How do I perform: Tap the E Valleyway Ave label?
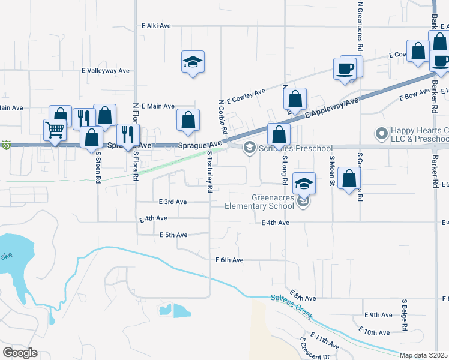[x=106, y=71]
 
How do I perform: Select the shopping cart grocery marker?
[x=55, y=130]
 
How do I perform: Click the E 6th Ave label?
[x=229, y=260]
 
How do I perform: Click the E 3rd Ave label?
[x=173, y=202]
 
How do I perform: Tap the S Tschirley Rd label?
[x=210, y=171]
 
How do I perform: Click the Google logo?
[x=20, y=353]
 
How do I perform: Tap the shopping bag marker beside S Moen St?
[x=349, y=179]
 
